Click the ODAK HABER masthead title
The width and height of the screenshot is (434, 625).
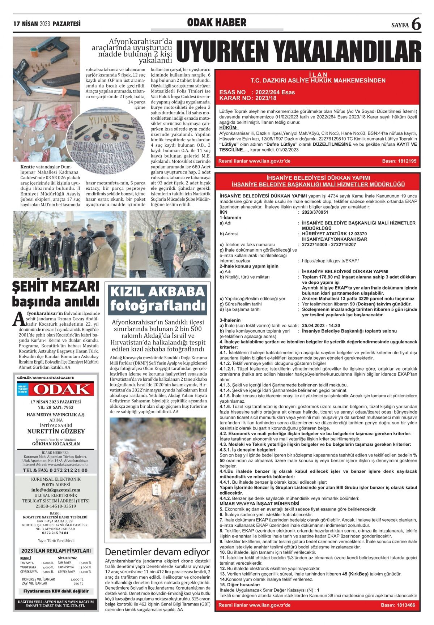point(217,23)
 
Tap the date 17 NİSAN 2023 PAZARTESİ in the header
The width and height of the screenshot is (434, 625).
point(47,24)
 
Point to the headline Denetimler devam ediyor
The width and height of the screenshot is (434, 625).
point(157,552)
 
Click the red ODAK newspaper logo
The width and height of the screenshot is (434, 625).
point(56,389)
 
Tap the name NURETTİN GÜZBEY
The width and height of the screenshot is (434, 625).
point(56,431)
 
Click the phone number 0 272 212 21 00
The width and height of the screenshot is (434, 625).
point(55,470)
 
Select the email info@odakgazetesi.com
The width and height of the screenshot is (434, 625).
point(56,490)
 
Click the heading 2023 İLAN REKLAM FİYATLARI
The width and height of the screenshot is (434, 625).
point(56,551)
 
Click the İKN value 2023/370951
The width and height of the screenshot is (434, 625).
point(315,212)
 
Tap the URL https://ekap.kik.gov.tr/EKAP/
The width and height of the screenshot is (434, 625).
point(330,261)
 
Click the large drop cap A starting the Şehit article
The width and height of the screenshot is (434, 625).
point(19,318)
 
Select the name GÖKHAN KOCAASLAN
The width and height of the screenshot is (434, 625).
point(56,444)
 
